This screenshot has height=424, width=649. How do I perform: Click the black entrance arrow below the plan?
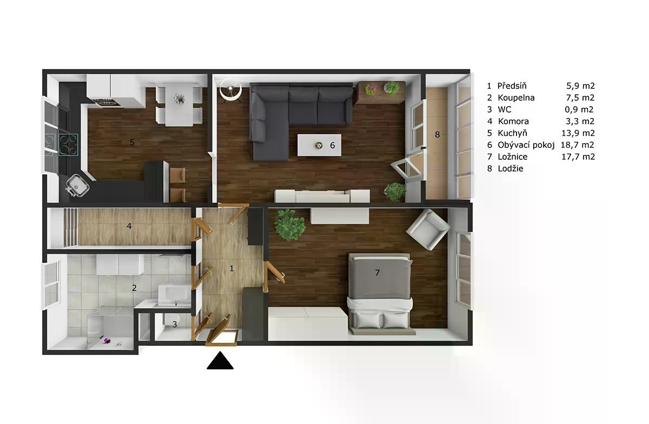tap(220, 361)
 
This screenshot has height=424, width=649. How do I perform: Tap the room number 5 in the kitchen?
tap(132, 142)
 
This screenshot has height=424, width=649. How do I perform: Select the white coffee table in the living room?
tap(319, 145)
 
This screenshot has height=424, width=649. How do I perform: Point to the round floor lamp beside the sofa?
tap(230, 89)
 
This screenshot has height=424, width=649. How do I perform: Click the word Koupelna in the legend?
tap(516, 97)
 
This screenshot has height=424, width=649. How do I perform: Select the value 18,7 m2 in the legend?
tap(578, 145)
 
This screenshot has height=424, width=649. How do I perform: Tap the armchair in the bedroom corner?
tap(428, 230)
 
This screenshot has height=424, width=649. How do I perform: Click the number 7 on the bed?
tap(378, 272)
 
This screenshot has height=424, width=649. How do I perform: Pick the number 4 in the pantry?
tap(129, 226)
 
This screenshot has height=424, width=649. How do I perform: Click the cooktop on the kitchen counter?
tap(68, 145)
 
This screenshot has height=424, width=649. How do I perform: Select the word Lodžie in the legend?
tap(511, 168)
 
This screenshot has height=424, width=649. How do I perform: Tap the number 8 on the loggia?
tap(438, 134)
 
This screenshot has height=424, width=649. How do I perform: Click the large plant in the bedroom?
tap(289, 225)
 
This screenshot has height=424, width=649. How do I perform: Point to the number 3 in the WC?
tap(175, 324)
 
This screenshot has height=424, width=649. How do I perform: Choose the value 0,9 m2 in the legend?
tap(579, 109)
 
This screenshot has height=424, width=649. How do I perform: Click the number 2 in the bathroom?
tap(134, 288)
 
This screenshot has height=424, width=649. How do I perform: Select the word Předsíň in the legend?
tap(512, 86)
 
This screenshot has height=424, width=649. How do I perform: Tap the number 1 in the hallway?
tap(231, 269)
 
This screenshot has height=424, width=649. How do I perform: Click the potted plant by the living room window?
tap(395, 192)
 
